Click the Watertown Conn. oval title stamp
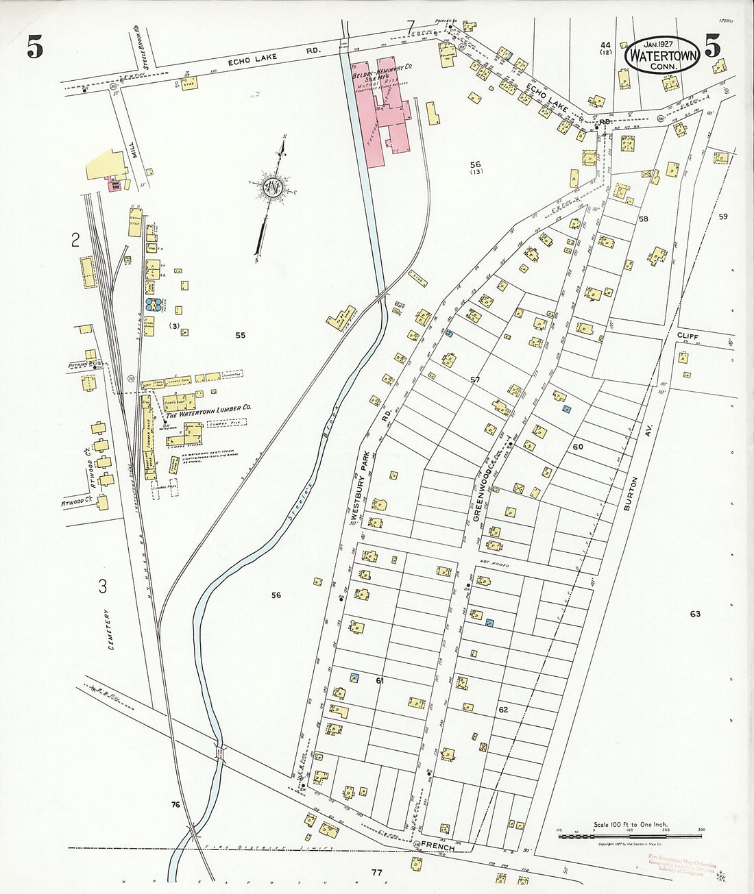(661, 53)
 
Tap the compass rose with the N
(273, 186)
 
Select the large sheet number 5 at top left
(36, 47)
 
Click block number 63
(695, 614)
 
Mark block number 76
(175, 804)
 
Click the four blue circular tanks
(153, 305)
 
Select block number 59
(723, 217)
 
